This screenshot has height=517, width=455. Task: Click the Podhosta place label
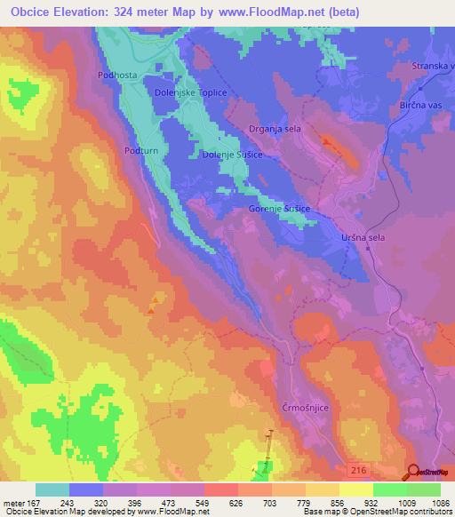(117, 76)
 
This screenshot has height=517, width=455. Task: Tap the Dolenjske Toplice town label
(191, 92)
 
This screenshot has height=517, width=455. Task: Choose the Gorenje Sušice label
(278, 209)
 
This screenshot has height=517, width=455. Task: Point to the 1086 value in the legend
(429, 500)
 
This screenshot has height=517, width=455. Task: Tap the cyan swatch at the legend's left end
(52, 489)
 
